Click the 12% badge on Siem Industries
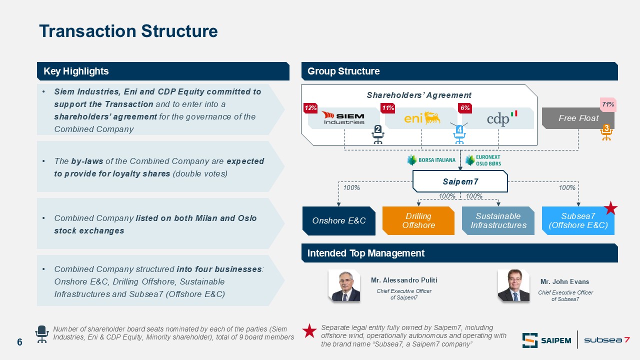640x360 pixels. click(x=310, y=108)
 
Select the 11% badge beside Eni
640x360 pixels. click(x=387, y=108)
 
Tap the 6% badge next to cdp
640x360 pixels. click(x=465, y=108)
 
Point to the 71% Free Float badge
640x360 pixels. click(x=607, y=104)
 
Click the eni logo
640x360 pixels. click(x=422, y=117)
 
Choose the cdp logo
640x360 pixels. click(x=502, y=118)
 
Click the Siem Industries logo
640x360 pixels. click(x=343, y=118)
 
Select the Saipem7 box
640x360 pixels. click(x=460, y=181)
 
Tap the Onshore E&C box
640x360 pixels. click(x=339, y=220)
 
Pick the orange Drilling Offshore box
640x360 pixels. click(x=418, y=220)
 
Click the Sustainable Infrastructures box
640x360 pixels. click(x=498, y=220)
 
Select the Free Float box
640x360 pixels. click(x=578, y=118)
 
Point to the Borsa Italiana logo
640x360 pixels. click(x=431, y=160)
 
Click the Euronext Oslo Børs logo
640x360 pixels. click(x=483, y=160)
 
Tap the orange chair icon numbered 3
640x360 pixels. click(x=606, y=132)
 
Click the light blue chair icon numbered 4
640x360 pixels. click(x=459, y=134)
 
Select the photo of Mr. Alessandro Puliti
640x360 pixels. click(x=344, y=285)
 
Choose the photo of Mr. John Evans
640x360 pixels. click(x=513, y=285)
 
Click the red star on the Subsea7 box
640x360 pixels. click(x=611, y=207)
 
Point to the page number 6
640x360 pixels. click(x=19, y=342)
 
